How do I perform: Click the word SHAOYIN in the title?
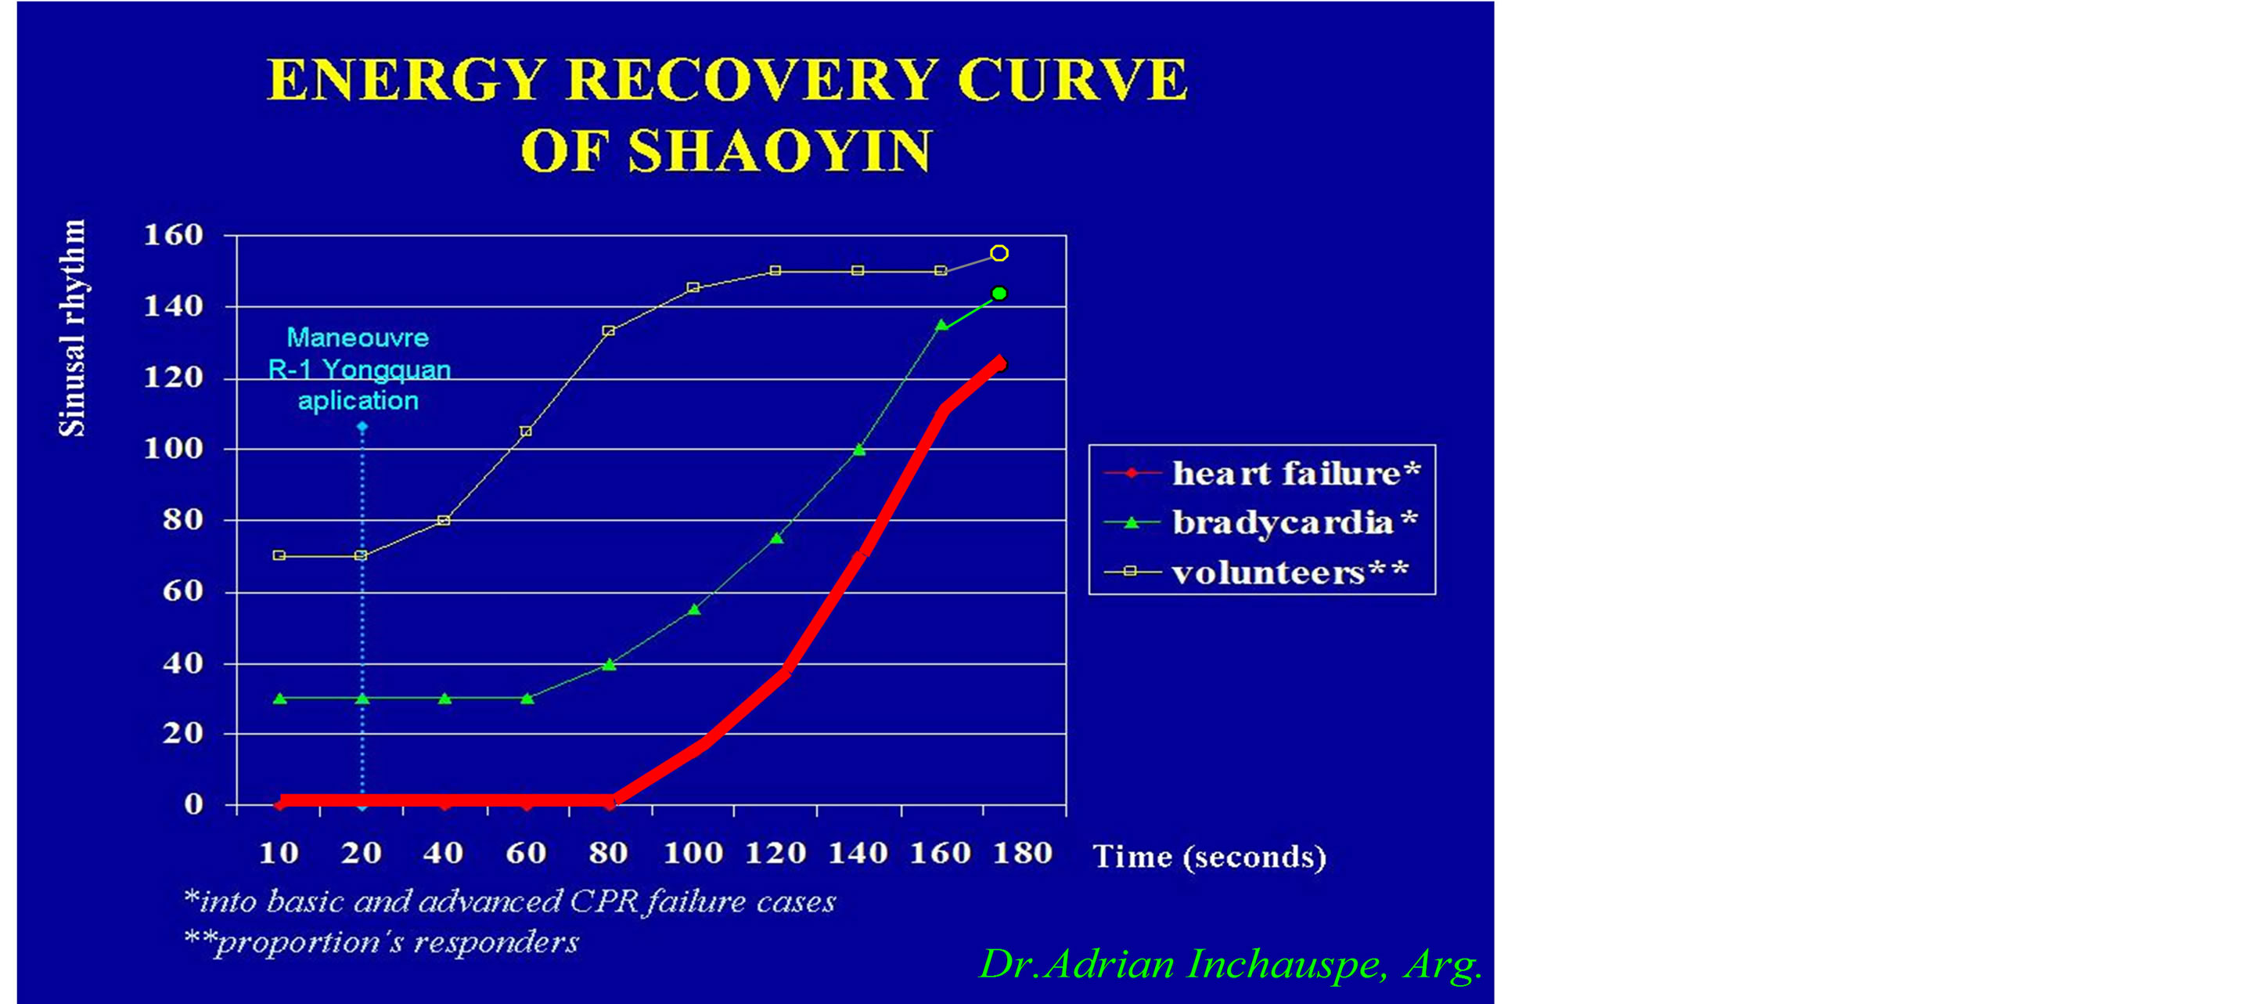(x=779, y=150)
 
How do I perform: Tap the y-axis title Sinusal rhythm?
(x=73, y=328)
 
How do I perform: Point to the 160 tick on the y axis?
(x=174, y=235)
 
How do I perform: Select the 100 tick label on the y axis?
(x=174, y=449)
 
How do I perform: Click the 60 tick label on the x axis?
(x=527, y=853)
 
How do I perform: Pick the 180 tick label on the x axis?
(x=1023, y=853)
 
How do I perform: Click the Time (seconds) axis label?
(x=1210, y=857)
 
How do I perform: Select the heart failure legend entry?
(x=1262, y=473)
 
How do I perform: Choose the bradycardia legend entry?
(x=1261, y=523)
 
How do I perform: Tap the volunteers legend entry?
(x=1256, y=572)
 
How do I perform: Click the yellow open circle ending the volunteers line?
(x=999, y=254)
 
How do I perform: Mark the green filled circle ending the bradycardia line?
(x=999, y=293)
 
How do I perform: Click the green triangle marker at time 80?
(x=610, y=664)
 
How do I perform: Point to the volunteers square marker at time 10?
(x=279, y=555)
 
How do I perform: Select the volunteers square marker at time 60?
(x=527, y=431)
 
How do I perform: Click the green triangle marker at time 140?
(x=859, y=450)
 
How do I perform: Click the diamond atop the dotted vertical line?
(x=362, y=427)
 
